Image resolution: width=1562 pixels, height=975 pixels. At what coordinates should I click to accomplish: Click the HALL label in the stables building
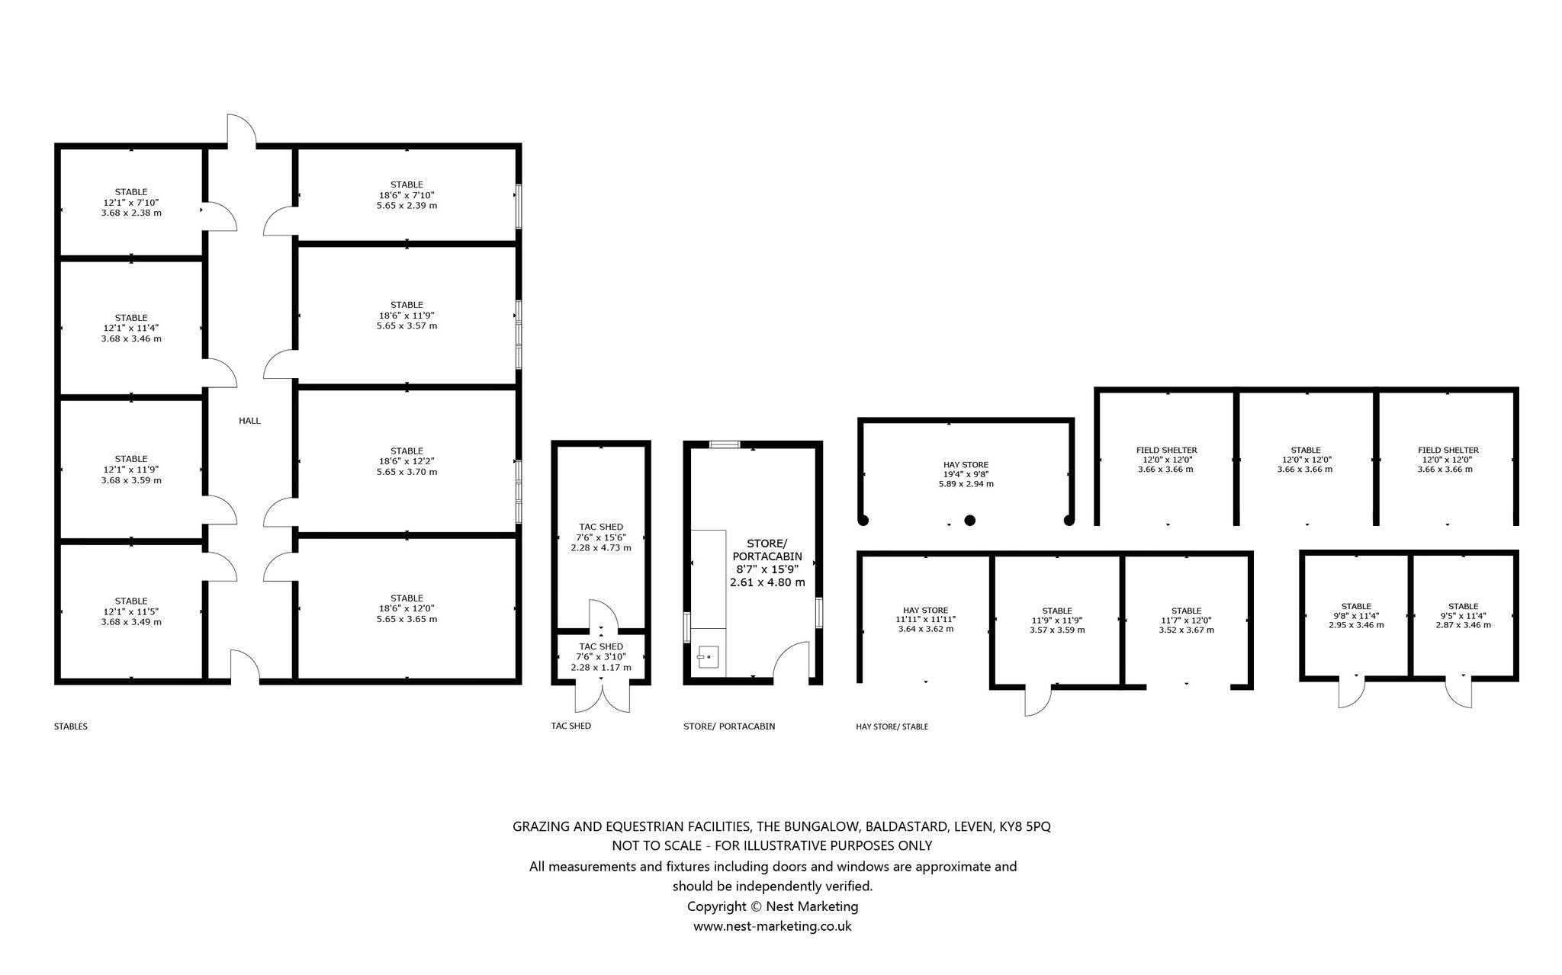click(x=249, y=421)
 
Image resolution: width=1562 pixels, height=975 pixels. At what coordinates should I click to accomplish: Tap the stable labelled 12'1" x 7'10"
click(x=131, y=202)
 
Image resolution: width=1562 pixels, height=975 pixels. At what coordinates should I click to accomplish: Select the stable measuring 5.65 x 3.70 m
click(x=407, y=461)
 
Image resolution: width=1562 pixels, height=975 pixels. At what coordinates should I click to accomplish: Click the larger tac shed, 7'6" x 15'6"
click(x=601, y=537)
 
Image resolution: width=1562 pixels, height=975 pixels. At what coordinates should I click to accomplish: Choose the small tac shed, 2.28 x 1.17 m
click(x=601, y=656)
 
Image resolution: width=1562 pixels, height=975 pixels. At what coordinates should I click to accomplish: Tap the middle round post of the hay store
click(x=969, y=521)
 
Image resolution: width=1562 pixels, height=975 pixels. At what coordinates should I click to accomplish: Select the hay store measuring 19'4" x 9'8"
click(x=966, y=473)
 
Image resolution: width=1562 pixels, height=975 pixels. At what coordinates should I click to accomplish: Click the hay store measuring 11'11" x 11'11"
click(x=926, y=619)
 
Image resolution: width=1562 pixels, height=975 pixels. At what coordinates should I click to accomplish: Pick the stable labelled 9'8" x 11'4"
click(x=1356, y=615)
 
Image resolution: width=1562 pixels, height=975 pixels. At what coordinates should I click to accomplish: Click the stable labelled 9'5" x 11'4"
click(x=1463, y=615)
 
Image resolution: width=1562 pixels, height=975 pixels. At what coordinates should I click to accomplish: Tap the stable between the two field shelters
click(x=1306, y=459)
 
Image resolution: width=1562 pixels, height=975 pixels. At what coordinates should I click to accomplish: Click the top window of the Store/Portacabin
click(x=725, y=444)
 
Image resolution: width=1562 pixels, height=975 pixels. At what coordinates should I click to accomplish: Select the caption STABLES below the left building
click(x=70, y=726)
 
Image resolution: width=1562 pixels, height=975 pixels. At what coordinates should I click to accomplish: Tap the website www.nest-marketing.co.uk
click(x=772, y=926)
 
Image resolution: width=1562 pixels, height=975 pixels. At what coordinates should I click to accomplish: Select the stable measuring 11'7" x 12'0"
click(x=1186, y=619)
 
